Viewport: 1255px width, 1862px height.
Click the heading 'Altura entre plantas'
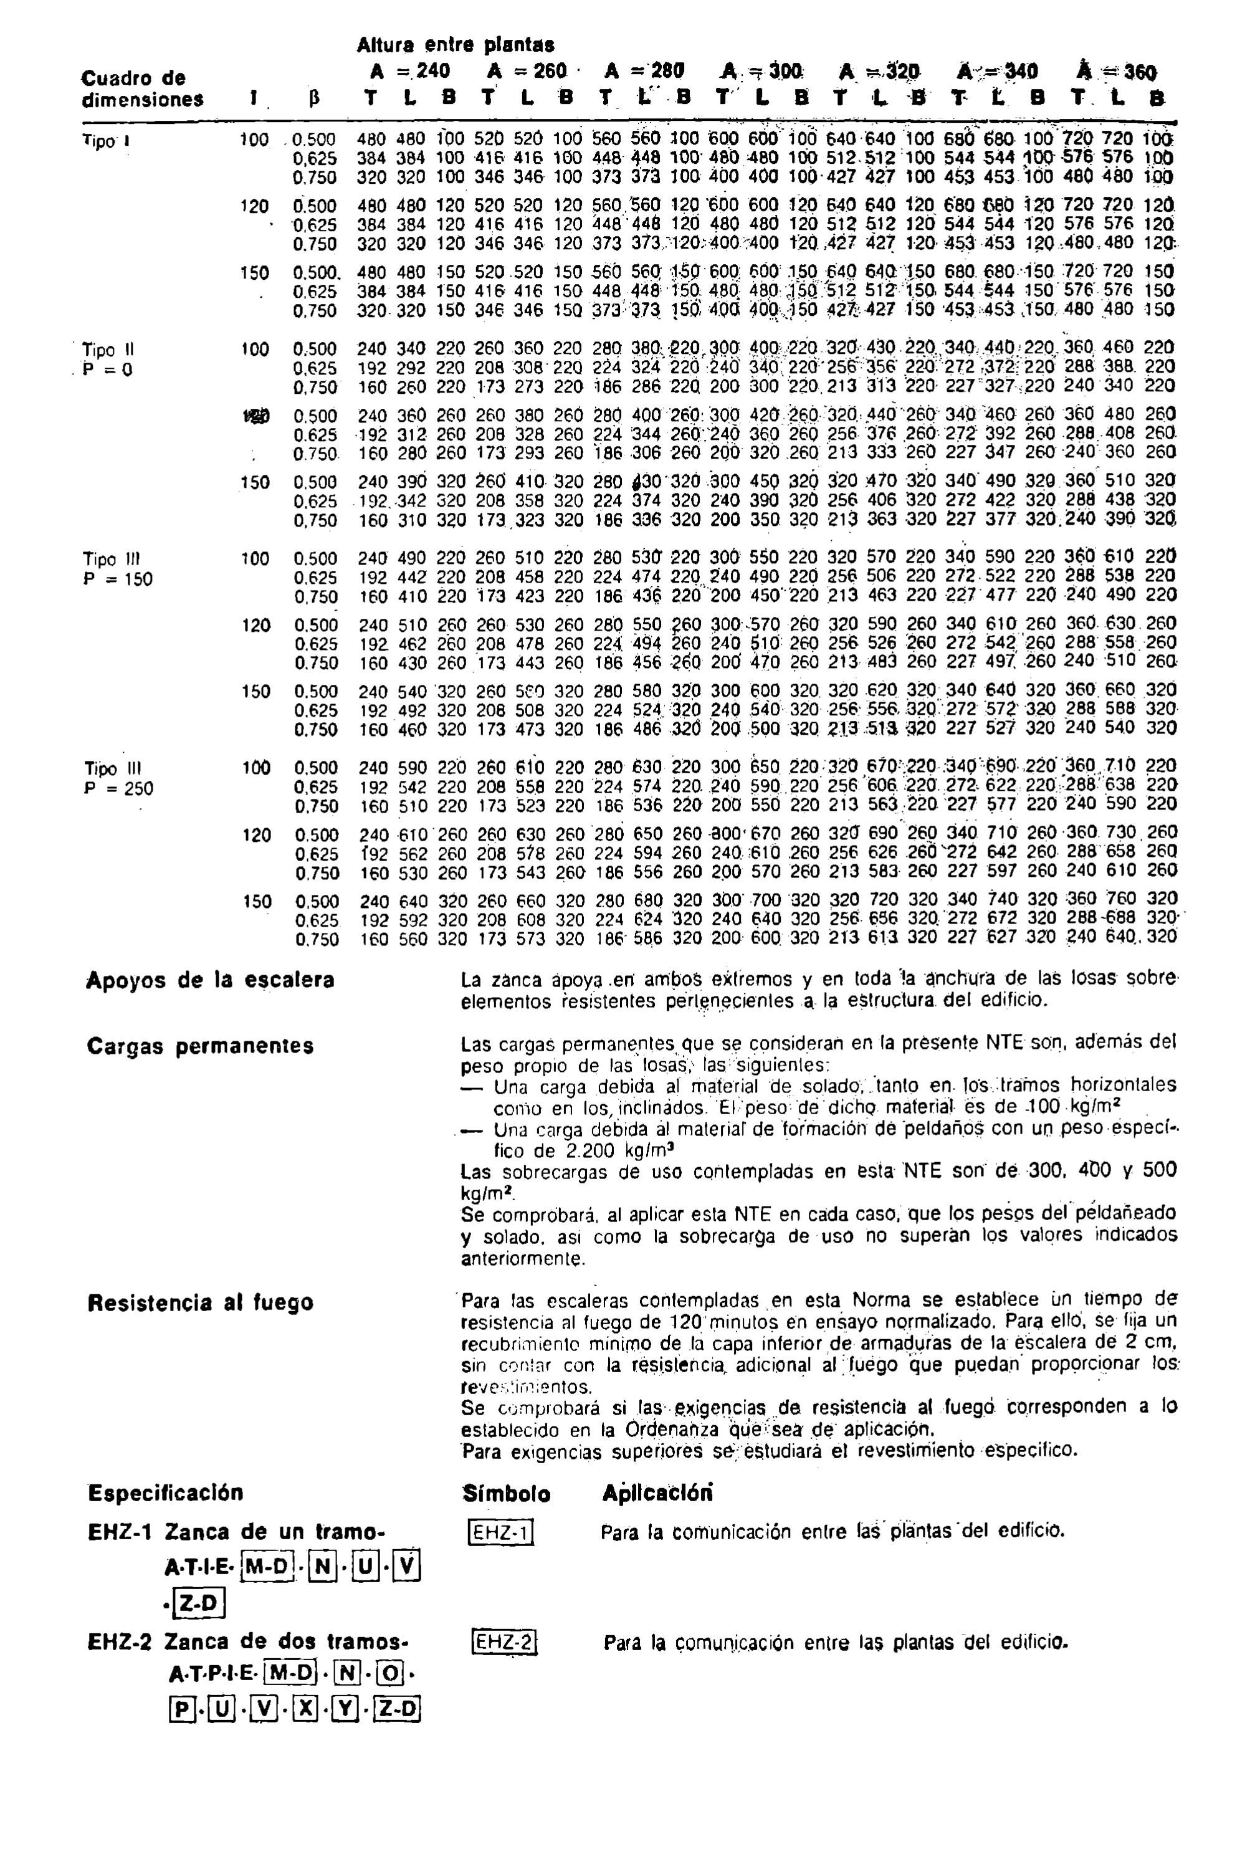(x=455, y=44)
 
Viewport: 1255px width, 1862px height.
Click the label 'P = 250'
(x=118, y=788)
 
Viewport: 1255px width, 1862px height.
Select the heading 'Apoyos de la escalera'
(x=210, y=980)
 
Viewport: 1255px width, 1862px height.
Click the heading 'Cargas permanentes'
(x=200, y=1046)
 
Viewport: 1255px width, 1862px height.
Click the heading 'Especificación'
(x=166, y=1493)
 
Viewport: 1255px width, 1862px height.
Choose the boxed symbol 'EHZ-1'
(x=499, y=1532)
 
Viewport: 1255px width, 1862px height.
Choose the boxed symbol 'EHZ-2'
(x=503, y=1643)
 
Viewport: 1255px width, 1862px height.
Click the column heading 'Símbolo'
(x=506, y=1494)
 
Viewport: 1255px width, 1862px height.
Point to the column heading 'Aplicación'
(x=657, y=1493)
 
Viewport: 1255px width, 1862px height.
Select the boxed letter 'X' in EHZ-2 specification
(x=305, y=1709)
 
